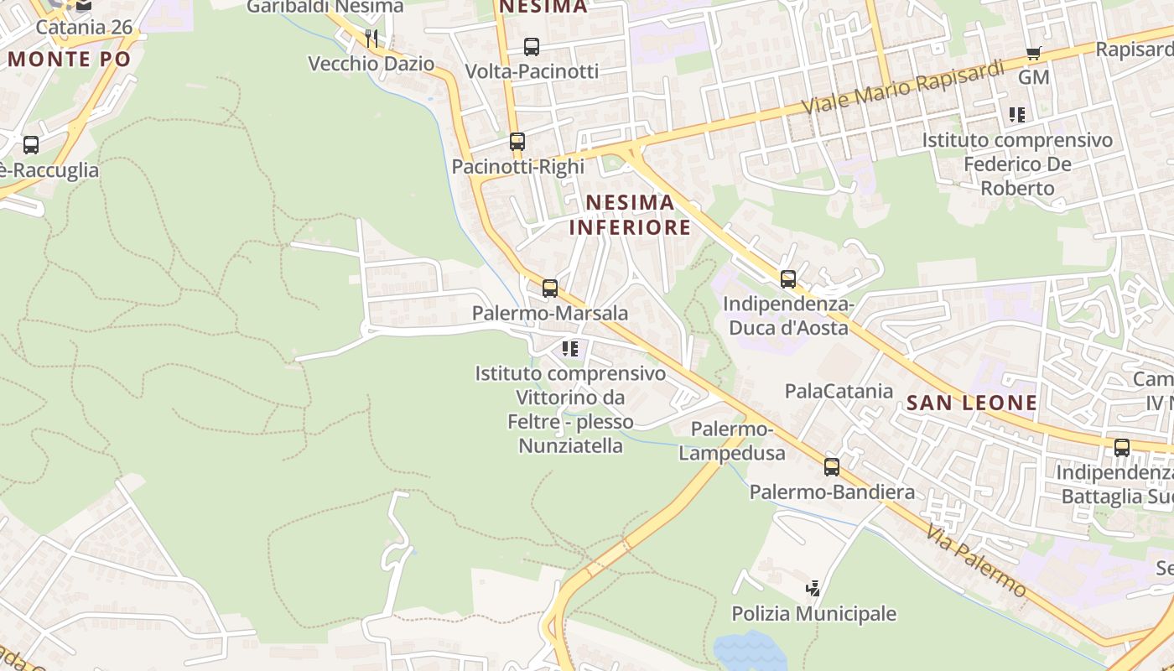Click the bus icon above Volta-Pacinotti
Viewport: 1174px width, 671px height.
point(532,47)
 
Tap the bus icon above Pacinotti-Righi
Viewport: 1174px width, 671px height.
point(517,142)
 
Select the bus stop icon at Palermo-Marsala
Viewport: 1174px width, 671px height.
point(550,289)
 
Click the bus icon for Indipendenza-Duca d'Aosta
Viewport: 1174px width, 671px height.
point(788,279)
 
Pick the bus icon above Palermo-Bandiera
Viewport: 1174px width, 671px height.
point(832,467)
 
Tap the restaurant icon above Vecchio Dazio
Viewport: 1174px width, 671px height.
point(371,38)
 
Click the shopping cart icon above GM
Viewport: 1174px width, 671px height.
point(1034,54)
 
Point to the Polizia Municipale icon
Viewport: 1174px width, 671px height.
point(813,589)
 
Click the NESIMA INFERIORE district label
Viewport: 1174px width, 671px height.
point(630,215)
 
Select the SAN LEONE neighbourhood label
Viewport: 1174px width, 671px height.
point(972,403)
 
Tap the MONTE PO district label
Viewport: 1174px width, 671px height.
point(70,59)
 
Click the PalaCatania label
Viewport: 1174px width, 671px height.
point(839,391)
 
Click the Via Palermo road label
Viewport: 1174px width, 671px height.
point(976,559)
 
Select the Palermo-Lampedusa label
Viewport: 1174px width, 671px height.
point(732,442)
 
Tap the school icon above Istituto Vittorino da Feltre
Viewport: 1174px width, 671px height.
point(570,348)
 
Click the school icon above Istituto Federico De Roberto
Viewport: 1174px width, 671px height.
point(1017,115)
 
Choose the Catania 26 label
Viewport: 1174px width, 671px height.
point(84,27)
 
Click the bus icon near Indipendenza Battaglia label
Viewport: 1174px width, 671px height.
point(1122,448)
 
